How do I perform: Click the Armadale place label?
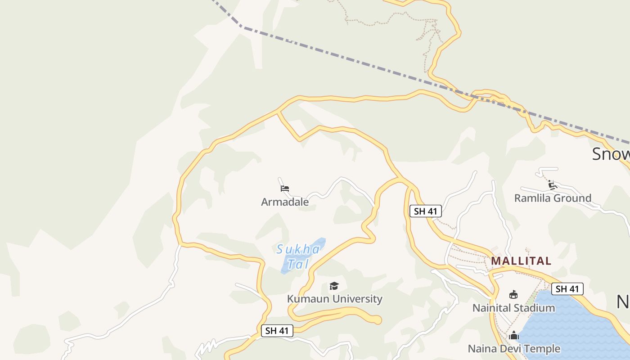pos(285,202)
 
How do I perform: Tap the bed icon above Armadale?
pos(284,188)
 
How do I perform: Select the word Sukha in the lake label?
pos(298,249)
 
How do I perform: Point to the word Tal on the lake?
pos(298,264)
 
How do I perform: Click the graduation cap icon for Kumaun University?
pos(333,286)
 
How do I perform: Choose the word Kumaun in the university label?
pos(306,299)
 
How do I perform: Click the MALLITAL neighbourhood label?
pos(521,261)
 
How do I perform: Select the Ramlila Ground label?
pos(553,198)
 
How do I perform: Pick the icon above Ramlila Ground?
pos(552,184)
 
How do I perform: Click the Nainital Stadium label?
pos(513,308)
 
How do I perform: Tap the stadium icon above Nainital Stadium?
pos(513,295)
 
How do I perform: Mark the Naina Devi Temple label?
pos(514,349)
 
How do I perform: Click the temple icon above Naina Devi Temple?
pos(514,335)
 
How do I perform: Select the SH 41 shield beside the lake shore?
pos(567,289)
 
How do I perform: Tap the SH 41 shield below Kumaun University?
pos(277,331)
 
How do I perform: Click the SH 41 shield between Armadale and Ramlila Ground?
pos(425,211)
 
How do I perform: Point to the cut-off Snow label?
pos(611,154)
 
